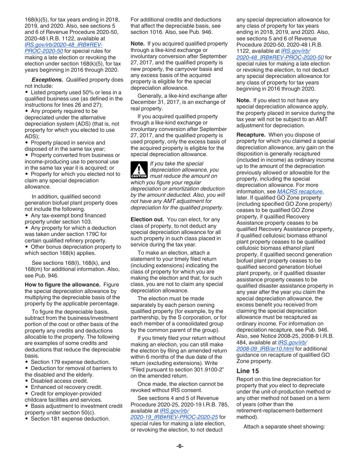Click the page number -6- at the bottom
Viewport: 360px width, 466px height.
pos(180,446)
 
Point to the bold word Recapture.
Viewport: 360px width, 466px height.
pos(250,134)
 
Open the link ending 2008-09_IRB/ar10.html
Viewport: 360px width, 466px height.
pos(265,348)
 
